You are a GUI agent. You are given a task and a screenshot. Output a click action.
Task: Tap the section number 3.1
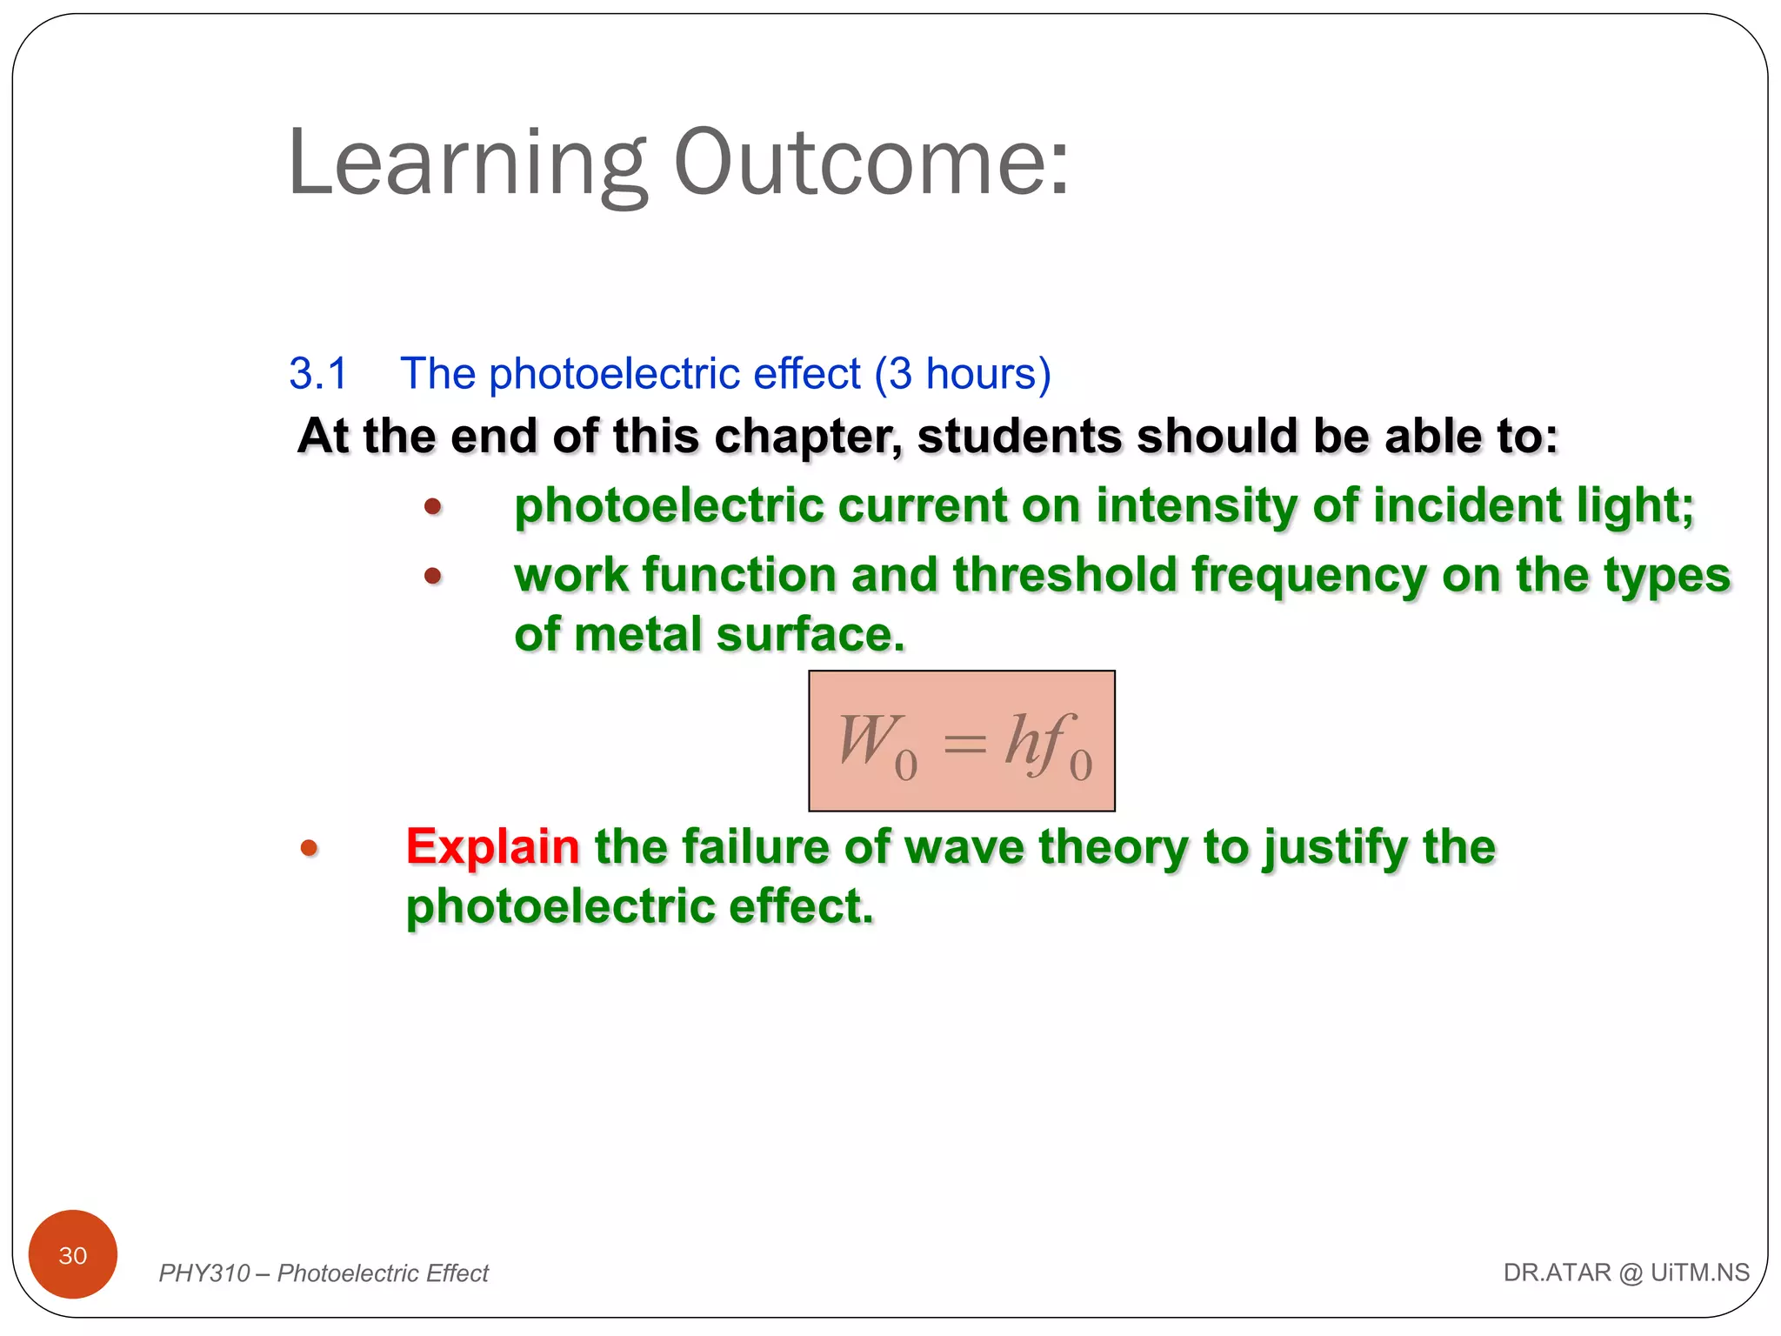coord(318,374)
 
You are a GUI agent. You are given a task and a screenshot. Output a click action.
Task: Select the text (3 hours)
coord(963,374)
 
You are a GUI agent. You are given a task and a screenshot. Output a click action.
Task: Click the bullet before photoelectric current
coord(433,506)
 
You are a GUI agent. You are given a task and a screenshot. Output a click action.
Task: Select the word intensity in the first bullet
coord(1196,505)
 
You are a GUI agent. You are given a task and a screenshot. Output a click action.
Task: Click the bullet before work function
coord(433,576)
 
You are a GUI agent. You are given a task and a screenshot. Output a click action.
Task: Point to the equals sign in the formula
coord(964,743)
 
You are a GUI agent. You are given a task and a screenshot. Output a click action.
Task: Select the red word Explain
coord(492,847)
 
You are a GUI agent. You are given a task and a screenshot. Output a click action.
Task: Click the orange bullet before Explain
coord(310,848)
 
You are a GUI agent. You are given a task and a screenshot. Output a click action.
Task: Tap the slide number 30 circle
coord(73,1254)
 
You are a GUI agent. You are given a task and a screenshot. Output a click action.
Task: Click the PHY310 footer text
coord(324,1273)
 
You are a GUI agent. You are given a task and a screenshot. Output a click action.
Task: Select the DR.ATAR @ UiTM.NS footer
coord(1625,1273)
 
